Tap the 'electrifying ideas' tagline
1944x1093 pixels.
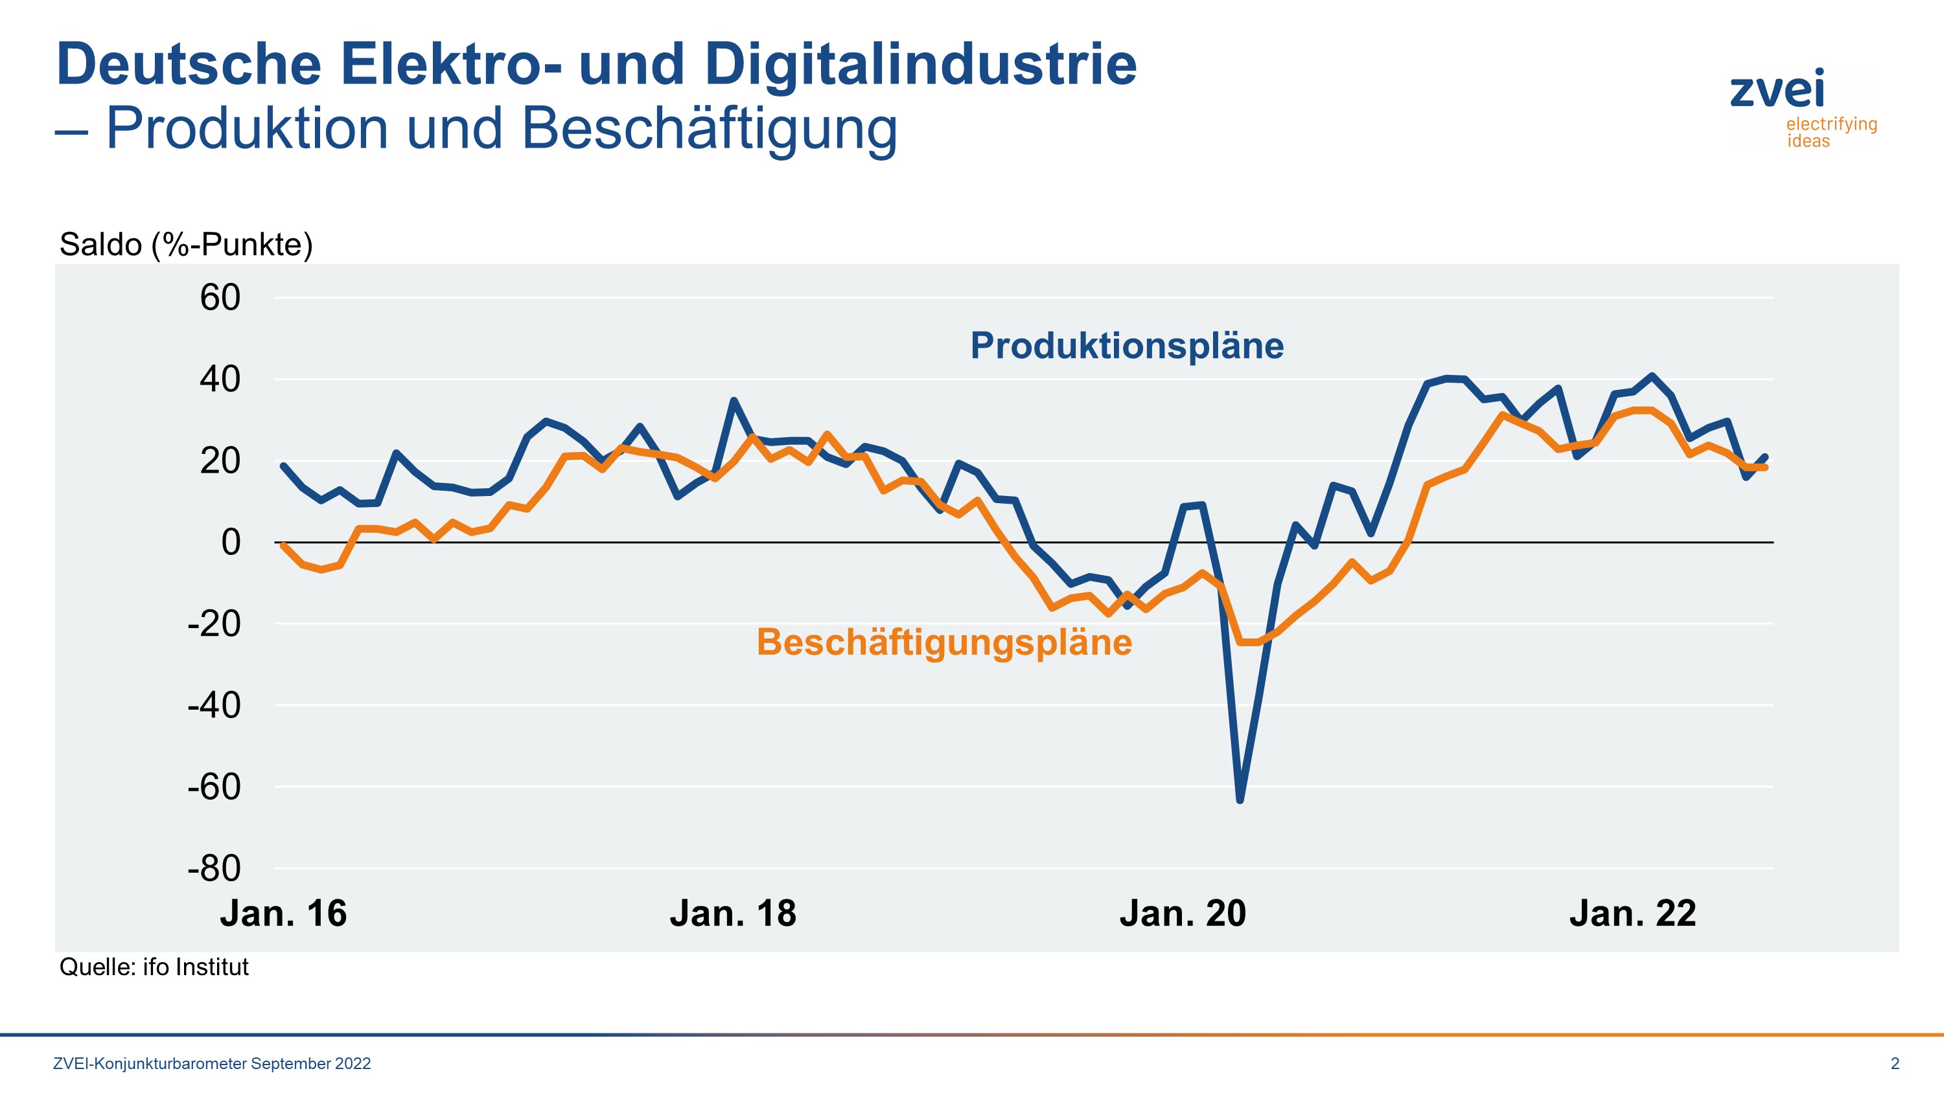[1831, 132]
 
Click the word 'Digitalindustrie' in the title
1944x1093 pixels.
[920, 64]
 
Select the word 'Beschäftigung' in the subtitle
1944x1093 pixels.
[710, 128]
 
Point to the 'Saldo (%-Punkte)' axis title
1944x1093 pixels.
[185, 244]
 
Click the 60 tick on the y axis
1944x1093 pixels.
[220, 297]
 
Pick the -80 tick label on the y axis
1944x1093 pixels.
[214, 868]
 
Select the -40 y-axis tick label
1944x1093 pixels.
[214, 705]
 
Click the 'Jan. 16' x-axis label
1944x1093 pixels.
[283, 914]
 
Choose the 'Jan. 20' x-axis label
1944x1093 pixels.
[1183, 914]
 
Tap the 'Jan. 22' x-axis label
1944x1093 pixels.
[1632, 914]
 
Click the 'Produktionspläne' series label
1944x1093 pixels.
[1127, 346]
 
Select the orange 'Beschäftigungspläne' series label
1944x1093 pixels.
[944, 643]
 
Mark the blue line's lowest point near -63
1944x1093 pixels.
[1240, 800]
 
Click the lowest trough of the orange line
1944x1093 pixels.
[1249, 642]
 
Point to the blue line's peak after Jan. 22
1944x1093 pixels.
[1652, 376]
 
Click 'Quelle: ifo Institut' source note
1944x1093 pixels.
[154, 967]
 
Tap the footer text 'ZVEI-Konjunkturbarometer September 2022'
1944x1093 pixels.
[212, 1064]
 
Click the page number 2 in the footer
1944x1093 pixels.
[1895, 1064]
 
